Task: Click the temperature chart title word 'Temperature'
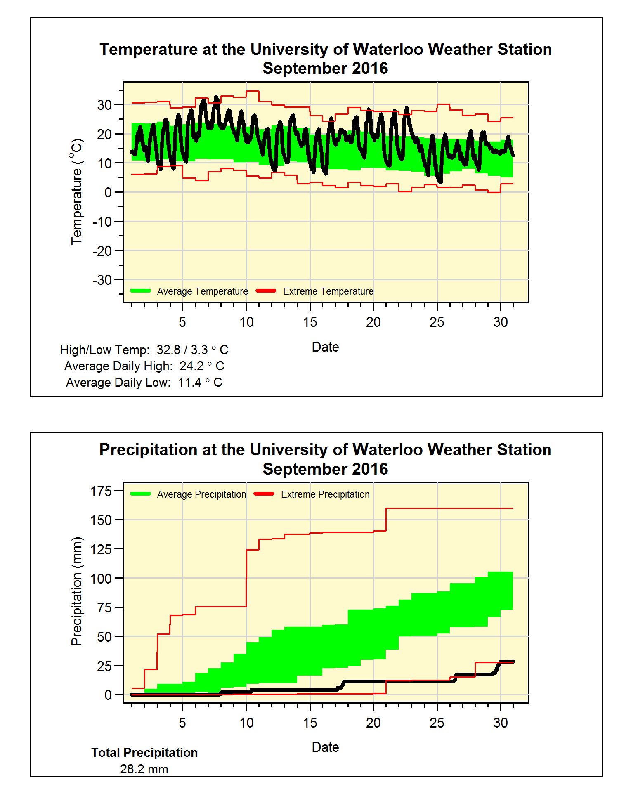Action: tap(149, 50)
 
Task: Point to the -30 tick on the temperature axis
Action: tap(102, 280)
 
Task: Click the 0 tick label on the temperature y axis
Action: tap(108, 192)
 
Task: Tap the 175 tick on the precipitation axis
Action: tap(101, 491)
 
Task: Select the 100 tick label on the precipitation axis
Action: tap(101, 579)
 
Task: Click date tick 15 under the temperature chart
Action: tap(310, 322)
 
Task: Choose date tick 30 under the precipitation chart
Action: tap(501, 723)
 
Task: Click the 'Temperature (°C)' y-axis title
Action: tap(77, 192)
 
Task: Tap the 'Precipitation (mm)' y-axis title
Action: tap(77, 591)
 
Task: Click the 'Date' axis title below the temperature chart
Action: tap(325, 347)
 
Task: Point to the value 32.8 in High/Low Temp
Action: tap(168, 350)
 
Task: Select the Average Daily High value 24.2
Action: tap(191, 366)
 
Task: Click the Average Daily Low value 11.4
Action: tap(190, 383)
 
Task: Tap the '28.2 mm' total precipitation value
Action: tap(144, 769)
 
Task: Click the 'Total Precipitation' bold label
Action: tap(144, 753)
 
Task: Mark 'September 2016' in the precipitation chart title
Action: tap(325, 469)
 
